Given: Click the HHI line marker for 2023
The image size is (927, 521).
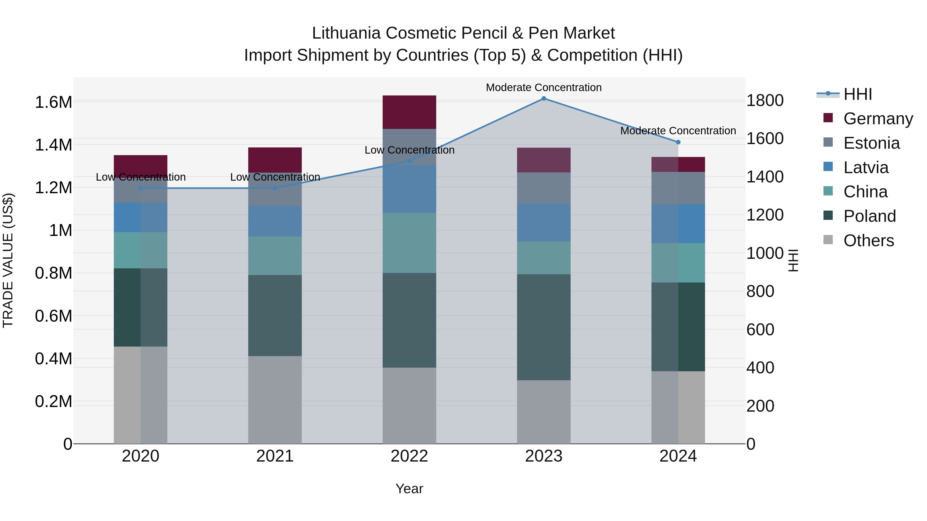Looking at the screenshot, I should (x=544, y=99).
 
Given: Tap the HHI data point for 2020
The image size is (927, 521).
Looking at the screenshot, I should (x=141, y=188).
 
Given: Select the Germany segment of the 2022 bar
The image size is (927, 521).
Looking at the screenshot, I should (x=409, y=112).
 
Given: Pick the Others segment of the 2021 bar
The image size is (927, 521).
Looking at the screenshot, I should (x=275, y=400).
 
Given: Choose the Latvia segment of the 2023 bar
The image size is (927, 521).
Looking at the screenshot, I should (x=544, y=222).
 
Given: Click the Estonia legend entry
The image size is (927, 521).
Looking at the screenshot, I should (x=871, y=143).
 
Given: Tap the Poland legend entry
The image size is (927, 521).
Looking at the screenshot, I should (x=869, y=216).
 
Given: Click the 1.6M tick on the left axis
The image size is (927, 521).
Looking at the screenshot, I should (x=53, y=102).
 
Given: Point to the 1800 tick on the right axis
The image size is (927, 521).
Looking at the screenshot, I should (x=765, y=100).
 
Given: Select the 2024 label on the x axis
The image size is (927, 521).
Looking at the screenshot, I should (x=678, y=456).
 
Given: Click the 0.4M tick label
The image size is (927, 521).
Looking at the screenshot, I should (x=53, y=359).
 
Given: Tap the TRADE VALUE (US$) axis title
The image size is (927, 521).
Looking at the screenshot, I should (x=8, y=260).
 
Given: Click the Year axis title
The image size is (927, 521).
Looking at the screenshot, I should (x=409, y=489).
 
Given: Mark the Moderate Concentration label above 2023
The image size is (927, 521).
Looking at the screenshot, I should (x=544, y=87).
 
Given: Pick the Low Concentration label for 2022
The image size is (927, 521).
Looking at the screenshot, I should (x=409, y=150).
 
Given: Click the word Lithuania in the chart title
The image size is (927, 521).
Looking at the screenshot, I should (x=346, y=33).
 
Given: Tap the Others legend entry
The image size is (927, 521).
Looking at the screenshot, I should (x=868, y=241).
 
